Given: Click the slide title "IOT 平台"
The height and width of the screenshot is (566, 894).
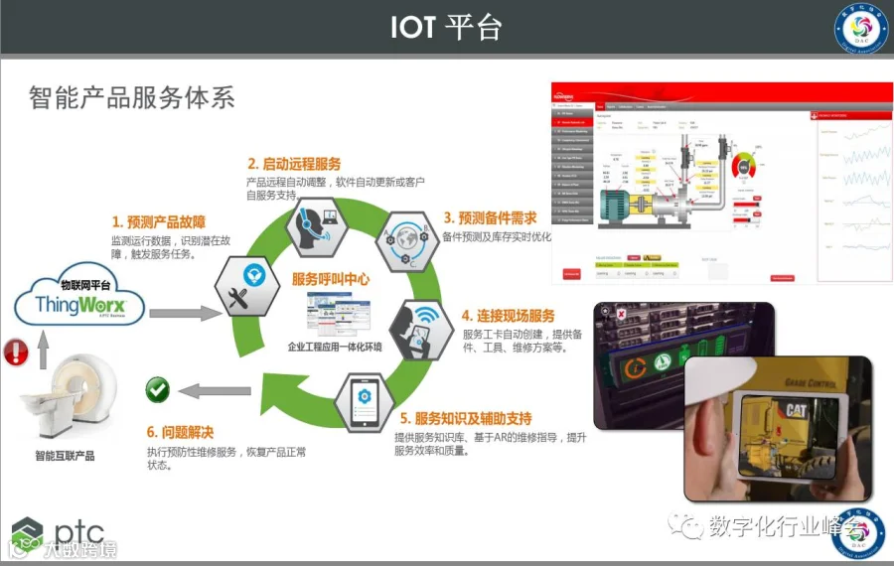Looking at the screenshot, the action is point(446,27).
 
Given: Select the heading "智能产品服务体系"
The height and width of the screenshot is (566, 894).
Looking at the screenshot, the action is point(131,97).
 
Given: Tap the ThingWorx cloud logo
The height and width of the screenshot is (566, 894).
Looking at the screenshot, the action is point(79,297).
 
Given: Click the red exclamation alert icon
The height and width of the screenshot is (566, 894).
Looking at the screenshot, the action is point(16,352).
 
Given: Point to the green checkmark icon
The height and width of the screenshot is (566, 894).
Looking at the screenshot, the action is point(158,389).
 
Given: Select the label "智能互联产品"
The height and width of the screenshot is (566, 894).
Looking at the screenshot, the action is point(65,456).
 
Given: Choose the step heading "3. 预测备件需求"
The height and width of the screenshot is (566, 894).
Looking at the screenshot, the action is point(490,217).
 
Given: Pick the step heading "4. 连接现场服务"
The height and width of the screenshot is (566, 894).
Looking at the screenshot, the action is point(508,316).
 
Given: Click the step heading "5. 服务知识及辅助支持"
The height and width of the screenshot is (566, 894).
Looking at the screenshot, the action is point(466,418).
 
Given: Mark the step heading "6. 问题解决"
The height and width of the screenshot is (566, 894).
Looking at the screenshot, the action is point(180,432).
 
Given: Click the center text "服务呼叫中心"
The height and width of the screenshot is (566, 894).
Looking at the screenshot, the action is point(331,280).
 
